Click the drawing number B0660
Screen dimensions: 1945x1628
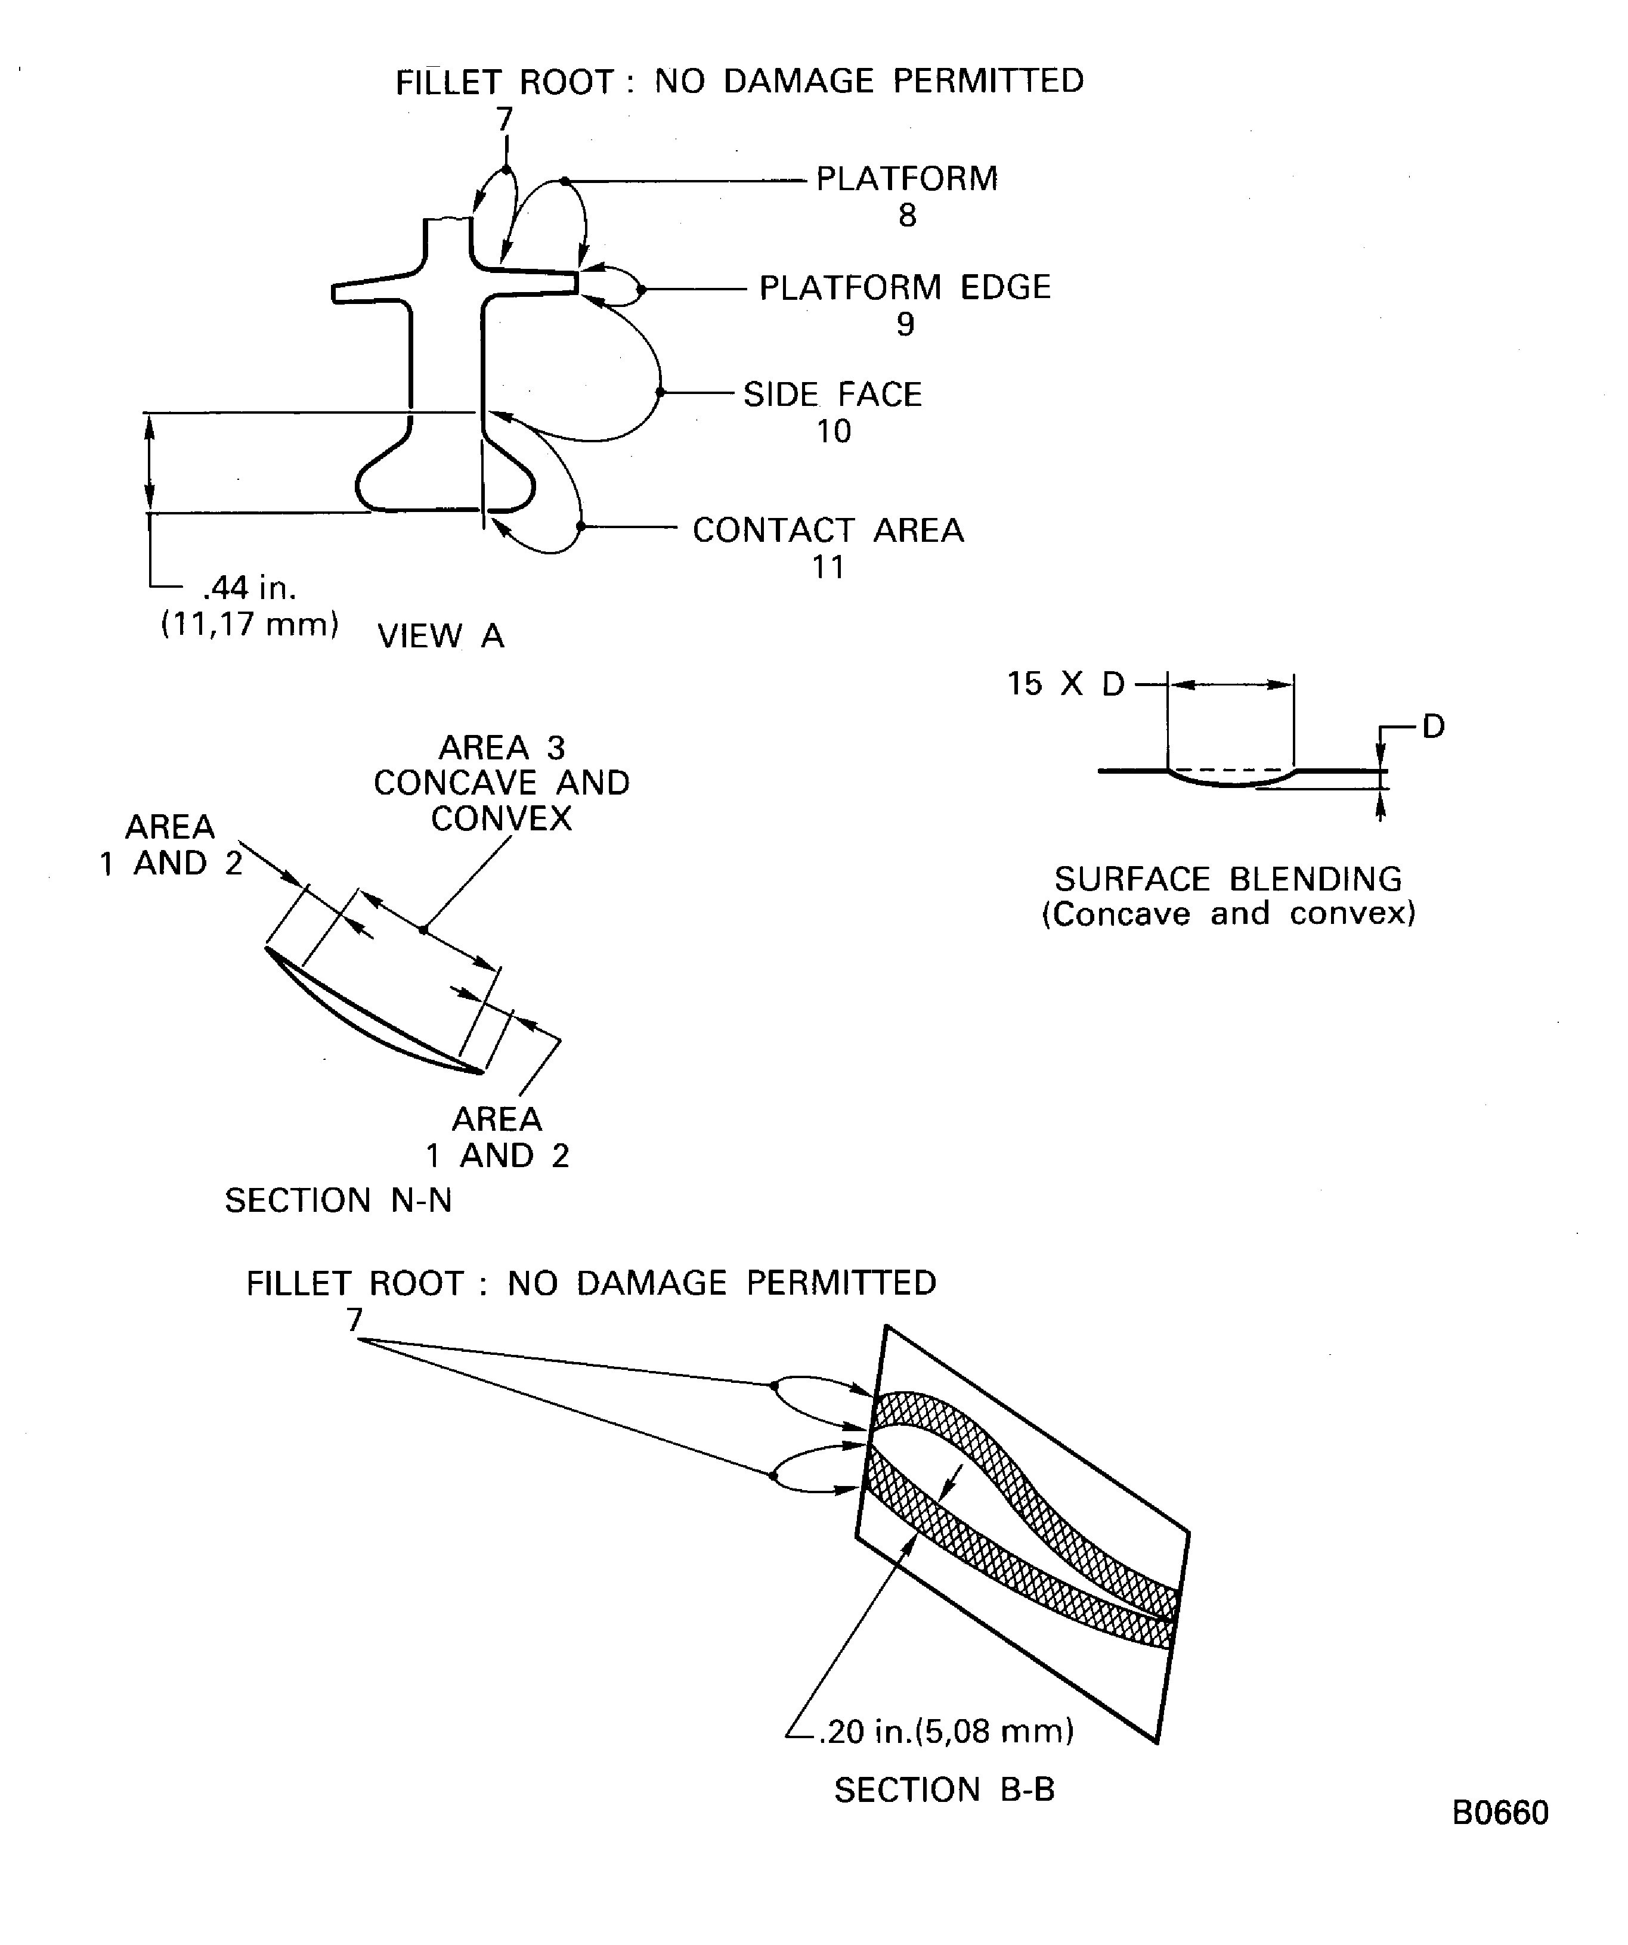pos(1499,1813)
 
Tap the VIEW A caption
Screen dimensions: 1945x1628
pos(441,636)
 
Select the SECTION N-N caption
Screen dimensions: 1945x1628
pos(338,1201)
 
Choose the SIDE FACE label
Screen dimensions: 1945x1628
pos(832,395)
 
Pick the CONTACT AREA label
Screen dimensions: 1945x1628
pos(828,531)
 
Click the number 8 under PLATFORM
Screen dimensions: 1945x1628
pos(907,216)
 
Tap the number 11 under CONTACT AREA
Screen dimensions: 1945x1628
pos(828,567)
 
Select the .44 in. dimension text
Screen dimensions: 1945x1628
pos(248,587)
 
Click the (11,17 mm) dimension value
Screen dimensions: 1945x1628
pos(249,624)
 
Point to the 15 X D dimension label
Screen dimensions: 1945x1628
pos(1066,684)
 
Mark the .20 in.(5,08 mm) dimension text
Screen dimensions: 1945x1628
pos(946,1730)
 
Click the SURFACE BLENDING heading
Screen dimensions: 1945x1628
pos(1228,879)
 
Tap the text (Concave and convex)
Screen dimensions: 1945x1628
pos(1228,915)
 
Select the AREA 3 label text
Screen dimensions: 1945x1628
pos(502,747)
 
